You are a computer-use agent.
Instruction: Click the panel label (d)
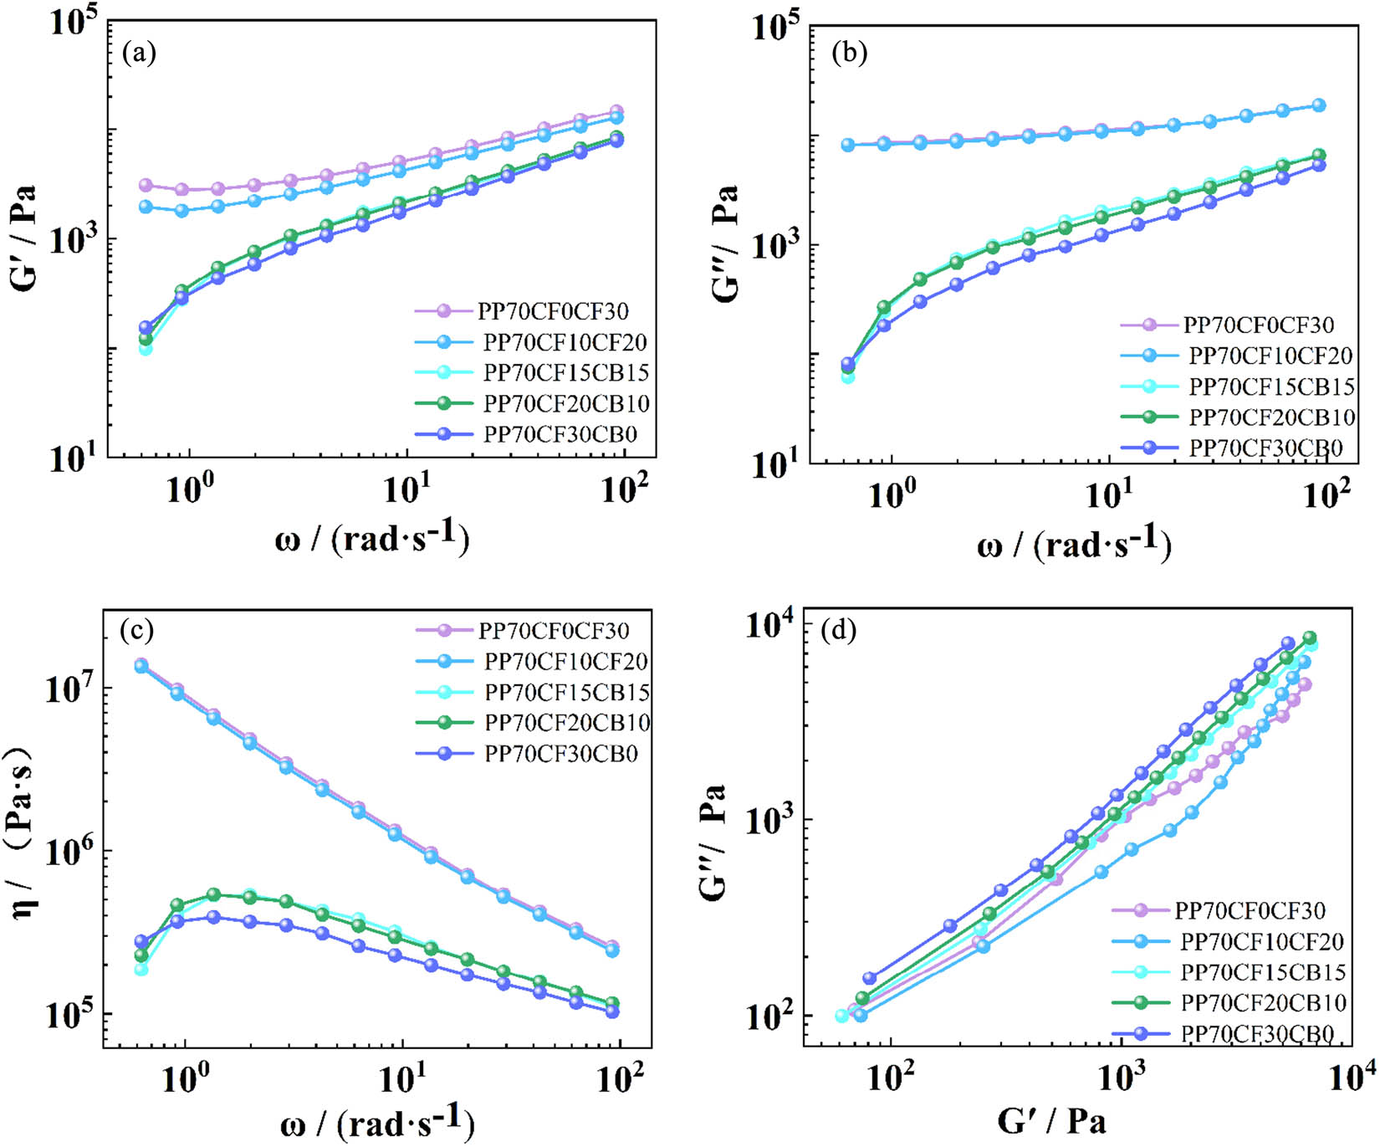coord(839,629)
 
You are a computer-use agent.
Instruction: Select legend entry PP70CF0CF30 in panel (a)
coord(553,311)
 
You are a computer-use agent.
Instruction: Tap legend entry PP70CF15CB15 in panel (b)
coord(1270,387)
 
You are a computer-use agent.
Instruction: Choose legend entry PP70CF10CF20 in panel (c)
coord(565,662)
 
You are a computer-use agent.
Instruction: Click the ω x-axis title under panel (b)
coord(1074,545)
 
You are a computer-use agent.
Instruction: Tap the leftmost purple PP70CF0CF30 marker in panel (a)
coord(146,185)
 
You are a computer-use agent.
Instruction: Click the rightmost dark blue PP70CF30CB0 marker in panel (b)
coord(1319,165)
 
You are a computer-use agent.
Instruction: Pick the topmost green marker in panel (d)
coord(1310,638)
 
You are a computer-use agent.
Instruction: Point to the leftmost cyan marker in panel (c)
coord(141,969)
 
